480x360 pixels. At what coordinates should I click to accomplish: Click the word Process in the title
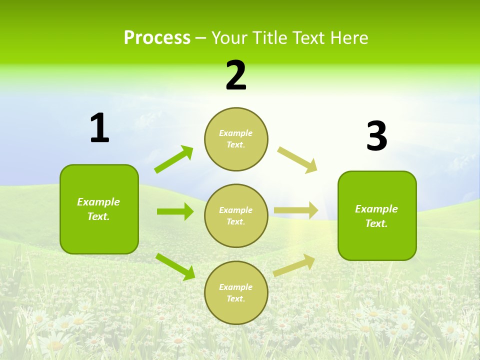tap(157, 38)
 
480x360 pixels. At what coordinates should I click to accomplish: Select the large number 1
tap(99, 128)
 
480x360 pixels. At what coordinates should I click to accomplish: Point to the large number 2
tap(236, 75)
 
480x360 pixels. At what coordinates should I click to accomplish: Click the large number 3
tap(376, 137)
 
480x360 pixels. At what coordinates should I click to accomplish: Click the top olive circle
tap(236, 139)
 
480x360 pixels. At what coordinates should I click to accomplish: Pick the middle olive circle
tap(236, 216)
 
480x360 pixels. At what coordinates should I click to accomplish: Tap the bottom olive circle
tap(236, 293)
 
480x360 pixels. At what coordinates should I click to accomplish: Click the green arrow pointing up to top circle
tap(174, 159)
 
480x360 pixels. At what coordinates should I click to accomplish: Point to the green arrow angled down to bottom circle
tap(175, 266)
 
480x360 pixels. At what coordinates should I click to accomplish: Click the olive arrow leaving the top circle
tap(297, 160)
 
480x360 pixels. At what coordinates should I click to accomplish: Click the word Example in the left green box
tap(98, 202)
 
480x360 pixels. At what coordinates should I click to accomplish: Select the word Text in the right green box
tap(376, 223)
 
